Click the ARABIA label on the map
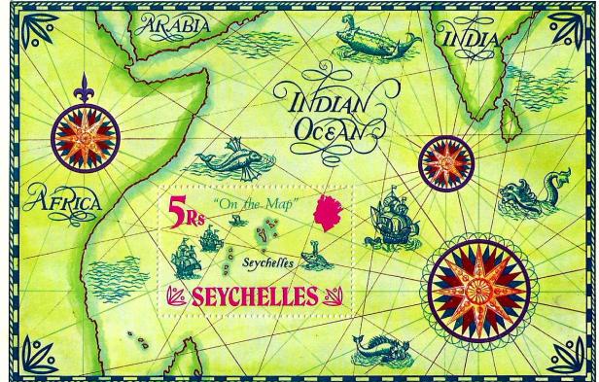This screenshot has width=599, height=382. (176, 26)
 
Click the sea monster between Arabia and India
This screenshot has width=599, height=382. (373, 40)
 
